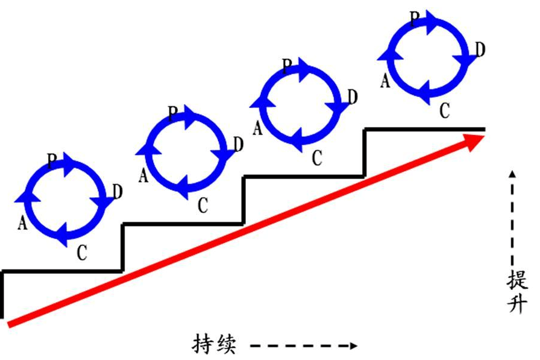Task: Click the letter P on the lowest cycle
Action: (52, 159)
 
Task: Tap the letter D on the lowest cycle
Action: (117, 192)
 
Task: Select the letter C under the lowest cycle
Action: (83, 253)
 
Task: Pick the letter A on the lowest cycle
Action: (23, 223)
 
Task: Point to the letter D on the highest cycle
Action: (480, 50)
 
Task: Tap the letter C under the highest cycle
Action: (444, 110)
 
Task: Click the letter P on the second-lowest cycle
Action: (173, 112)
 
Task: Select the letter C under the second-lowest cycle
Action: (203, 205)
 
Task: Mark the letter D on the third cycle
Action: (353, 96)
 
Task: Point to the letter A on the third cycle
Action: (257, 128)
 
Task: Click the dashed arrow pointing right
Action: (304, 346)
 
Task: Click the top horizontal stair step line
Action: (424, 128)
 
